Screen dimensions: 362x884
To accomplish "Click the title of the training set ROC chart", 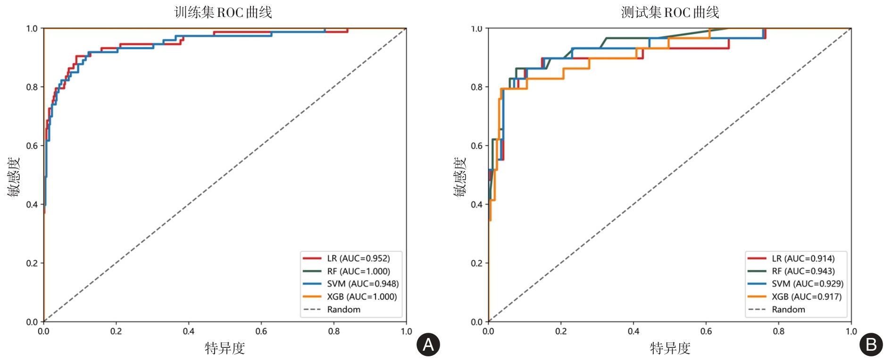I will pos(223,12).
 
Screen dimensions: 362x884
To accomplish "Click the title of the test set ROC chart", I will pos(670,12).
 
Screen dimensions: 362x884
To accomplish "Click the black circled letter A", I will pos(428,345).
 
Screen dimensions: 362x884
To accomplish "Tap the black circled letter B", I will pos(871,345).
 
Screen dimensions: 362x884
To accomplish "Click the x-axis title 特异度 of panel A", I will pos(225,348).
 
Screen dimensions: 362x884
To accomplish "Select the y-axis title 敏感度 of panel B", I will pos(460,176).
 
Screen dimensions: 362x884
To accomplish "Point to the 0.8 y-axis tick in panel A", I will pos(32,87).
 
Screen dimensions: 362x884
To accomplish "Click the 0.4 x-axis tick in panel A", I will pos(189,331).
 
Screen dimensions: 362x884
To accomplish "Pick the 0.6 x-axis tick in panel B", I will pos(706,331).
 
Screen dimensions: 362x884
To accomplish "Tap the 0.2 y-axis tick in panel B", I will pos(476,263).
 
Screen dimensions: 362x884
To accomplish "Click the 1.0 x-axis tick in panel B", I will pos(851,331).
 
